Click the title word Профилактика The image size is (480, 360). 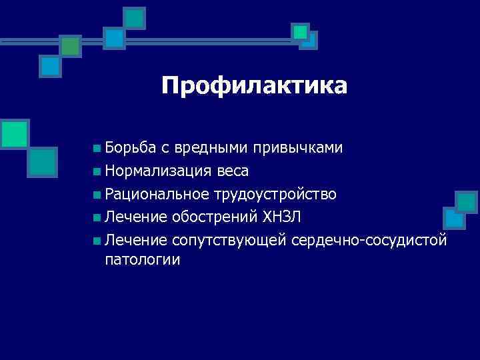[x=254, y=86]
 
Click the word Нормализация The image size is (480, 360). [x=158, y=171]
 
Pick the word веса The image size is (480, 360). [x=232, y=171]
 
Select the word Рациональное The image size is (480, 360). [x=157, y=194]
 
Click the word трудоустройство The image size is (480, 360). [x=275, y=194]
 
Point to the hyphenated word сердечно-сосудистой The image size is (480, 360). [x=369, y=239]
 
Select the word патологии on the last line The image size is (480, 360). [x=143, y=259]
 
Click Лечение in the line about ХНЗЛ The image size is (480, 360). [x=136, y=217]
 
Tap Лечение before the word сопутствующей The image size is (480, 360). [x=136, y=239]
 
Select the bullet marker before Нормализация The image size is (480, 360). [x=98, y=172]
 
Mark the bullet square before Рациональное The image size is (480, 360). [x=98, y=195]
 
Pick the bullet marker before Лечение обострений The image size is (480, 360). [x=98, y=217]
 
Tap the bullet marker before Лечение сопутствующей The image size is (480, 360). [x=98, y=240]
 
